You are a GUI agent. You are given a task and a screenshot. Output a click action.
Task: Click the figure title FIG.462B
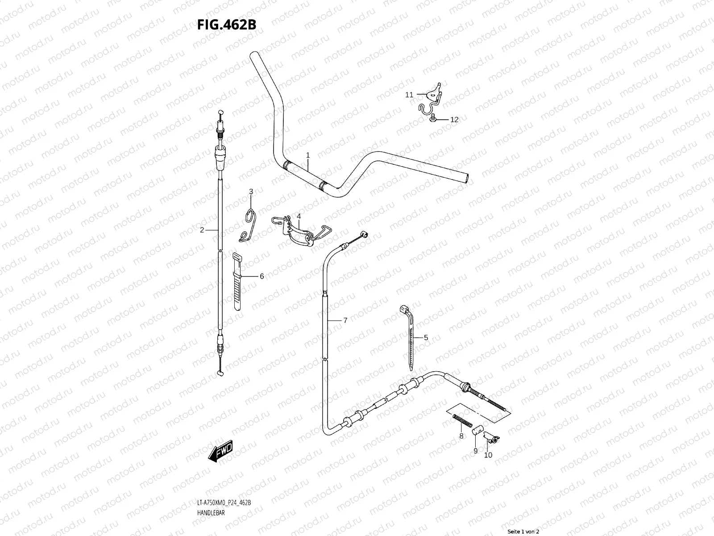click(227, 25)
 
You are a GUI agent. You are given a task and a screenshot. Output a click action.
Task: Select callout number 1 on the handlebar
click(307, 155)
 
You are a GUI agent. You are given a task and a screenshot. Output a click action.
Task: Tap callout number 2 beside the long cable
click(202, 230)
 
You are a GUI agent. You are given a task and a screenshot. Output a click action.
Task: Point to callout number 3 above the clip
click(251, 192)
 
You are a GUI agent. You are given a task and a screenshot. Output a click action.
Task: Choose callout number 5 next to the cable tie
click(426, 338)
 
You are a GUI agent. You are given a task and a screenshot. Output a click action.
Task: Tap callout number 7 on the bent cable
click(345, 320)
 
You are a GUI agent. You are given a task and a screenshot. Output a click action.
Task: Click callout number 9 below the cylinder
click(475, 451)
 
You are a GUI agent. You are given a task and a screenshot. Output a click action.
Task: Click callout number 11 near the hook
click(409, 95)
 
